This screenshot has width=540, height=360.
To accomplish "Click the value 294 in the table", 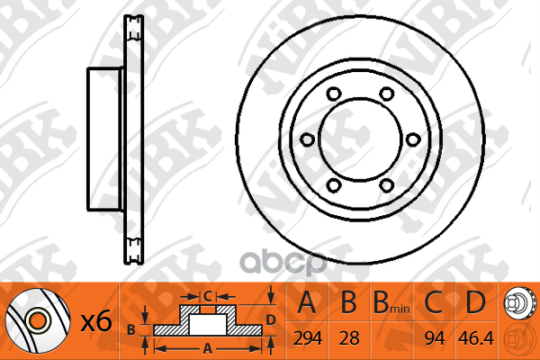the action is click(308, 338).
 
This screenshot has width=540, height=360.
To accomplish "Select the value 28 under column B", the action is click(349, 338).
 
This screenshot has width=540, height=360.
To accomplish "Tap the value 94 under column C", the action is click(435, 338).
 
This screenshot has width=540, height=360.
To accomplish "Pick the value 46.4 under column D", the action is click(475, 338).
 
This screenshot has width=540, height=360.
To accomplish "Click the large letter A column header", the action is click(307, 302).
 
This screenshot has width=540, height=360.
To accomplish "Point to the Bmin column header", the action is click(391, 302).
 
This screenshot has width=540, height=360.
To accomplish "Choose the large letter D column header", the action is click(475, 302).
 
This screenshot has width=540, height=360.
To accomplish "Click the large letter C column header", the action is click(434, 302).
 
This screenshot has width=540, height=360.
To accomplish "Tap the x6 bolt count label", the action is click(96, 321).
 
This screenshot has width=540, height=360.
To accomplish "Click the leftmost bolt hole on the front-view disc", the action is click(307, 139).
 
